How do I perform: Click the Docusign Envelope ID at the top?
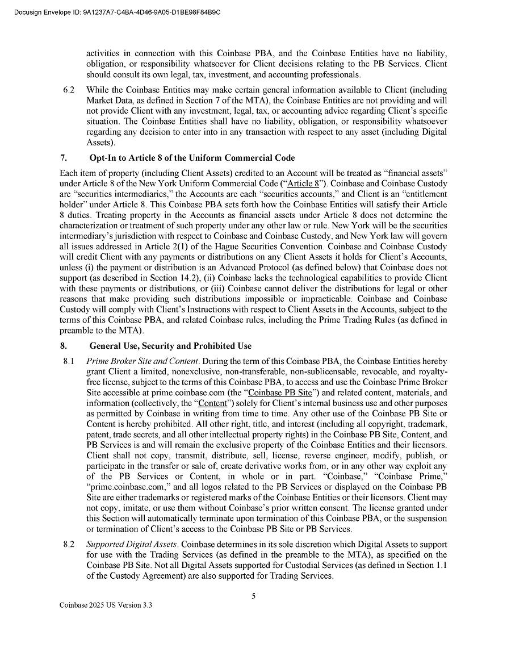point(117,12)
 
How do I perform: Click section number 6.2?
point(69,90)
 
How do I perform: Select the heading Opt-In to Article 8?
point(192,157)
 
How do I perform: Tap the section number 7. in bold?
point(64,157)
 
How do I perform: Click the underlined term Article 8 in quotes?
point(304,183)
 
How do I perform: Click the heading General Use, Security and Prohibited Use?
point(170,345)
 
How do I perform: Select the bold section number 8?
point(64,345)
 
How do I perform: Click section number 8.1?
point(69,361)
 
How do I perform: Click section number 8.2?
point(69,545)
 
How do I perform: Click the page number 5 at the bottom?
point(254,596)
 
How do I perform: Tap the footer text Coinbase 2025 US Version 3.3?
point(106,605)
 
